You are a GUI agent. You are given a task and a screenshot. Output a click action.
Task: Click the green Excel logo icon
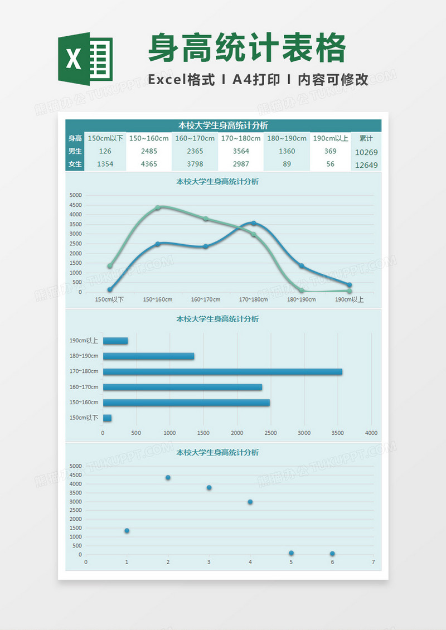(x=85, y=59)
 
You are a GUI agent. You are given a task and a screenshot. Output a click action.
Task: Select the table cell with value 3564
(x=241, y=151)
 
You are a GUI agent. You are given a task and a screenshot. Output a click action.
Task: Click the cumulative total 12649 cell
(x=366, y=164)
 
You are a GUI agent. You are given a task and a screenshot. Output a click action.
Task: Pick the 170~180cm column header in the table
(x=241, y=138)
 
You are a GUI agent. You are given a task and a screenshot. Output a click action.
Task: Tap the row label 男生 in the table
(x=75, y=151)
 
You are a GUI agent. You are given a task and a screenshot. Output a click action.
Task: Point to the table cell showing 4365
(x=149, y=164)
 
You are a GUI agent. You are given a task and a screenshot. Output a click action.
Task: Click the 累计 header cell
(x=366, y=138)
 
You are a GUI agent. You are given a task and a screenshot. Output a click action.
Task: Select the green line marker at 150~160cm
(x=158, y=207)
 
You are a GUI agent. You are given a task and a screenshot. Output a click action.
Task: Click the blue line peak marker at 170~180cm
(x=254, y=223)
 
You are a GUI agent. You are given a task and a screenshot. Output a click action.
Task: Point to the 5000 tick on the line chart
(x=75, y=195)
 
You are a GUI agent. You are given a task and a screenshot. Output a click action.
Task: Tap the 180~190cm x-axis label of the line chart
(x=301, y=299)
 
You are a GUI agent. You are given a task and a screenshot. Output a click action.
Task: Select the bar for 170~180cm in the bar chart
(x=222, y=372)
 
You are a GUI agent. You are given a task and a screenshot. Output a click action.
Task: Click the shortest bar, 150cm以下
(x=107, y=418)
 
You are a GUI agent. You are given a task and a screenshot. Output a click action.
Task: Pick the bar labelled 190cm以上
(x=115, y=341)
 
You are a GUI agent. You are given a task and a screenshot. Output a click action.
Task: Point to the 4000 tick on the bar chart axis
(x=371, y=433)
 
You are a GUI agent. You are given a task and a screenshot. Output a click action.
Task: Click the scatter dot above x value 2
(x=168, y=478)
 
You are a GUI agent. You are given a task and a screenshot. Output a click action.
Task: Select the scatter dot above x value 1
(x=127, y=531)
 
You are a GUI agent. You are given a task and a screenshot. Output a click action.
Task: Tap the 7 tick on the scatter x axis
(x=374, y=562)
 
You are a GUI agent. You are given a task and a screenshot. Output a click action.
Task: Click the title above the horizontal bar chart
(x=217, y=319)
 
